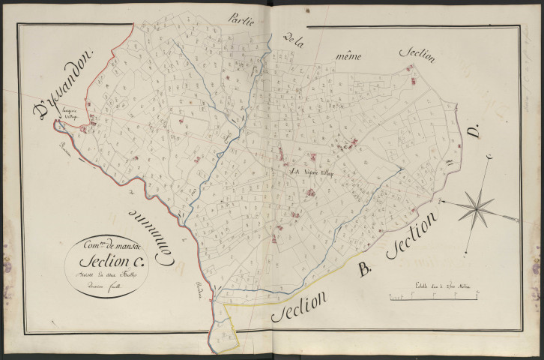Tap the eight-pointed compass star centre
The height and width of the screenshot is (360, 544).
coord(476,205)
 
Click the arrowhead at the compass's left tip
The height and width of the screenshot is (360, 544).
coord(441,200)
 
